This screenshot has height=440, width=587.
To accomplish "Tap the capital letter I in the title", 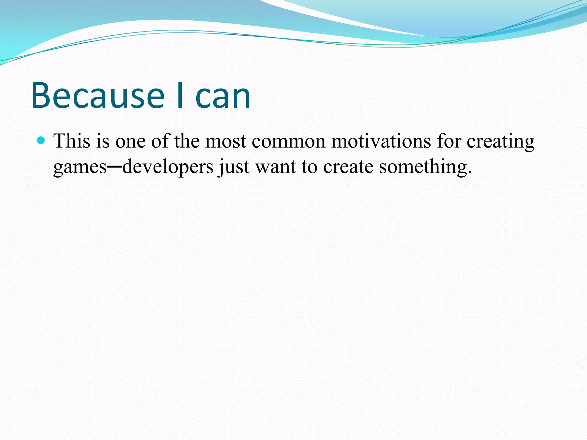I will [x=180, y=96].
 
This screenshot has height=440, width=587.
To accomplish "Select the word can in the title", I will [x=223, y=97].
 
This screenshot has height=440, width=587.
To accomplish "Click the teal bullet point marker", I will [x=41, y=140].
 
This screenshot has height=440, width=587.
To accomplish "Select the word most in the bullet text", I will [x=226, y=142].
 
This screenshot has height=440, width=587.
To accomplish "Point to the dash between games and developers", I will [x=115, y=166].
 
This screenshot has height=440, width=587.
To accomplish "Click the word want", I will [x=275, y=167].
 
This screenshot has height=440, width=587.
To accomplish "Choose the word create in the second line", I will [x=348, y=167].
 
